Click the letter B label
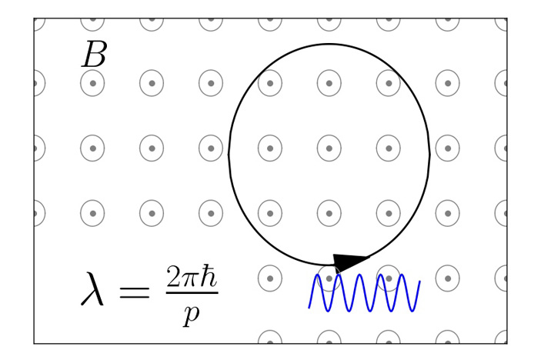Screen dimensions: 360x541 point(94,55)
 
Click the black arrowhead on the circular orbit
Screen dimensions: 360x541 point(350,262)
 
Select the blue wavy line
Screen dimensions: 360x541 point(364,293)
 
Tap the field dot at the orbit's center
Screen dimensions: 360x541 point(329,148)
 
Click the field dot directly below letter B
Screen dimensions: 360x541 point(92,83)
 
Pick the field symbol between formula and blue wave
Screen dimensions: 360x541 point(269,278)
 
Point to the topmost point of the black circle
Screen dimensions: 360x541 point(329,44)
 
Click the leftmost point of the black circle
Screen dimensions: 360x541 point(229,154)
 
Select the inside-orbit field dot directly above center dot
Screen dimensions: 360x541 point(329,83)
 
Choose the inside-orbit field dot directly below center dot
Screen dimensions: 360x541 point(329,213)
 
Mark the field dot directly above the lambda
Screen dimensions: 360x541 point(92,213)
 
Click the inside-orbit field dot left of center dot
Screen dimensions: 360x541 point(269,148)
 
